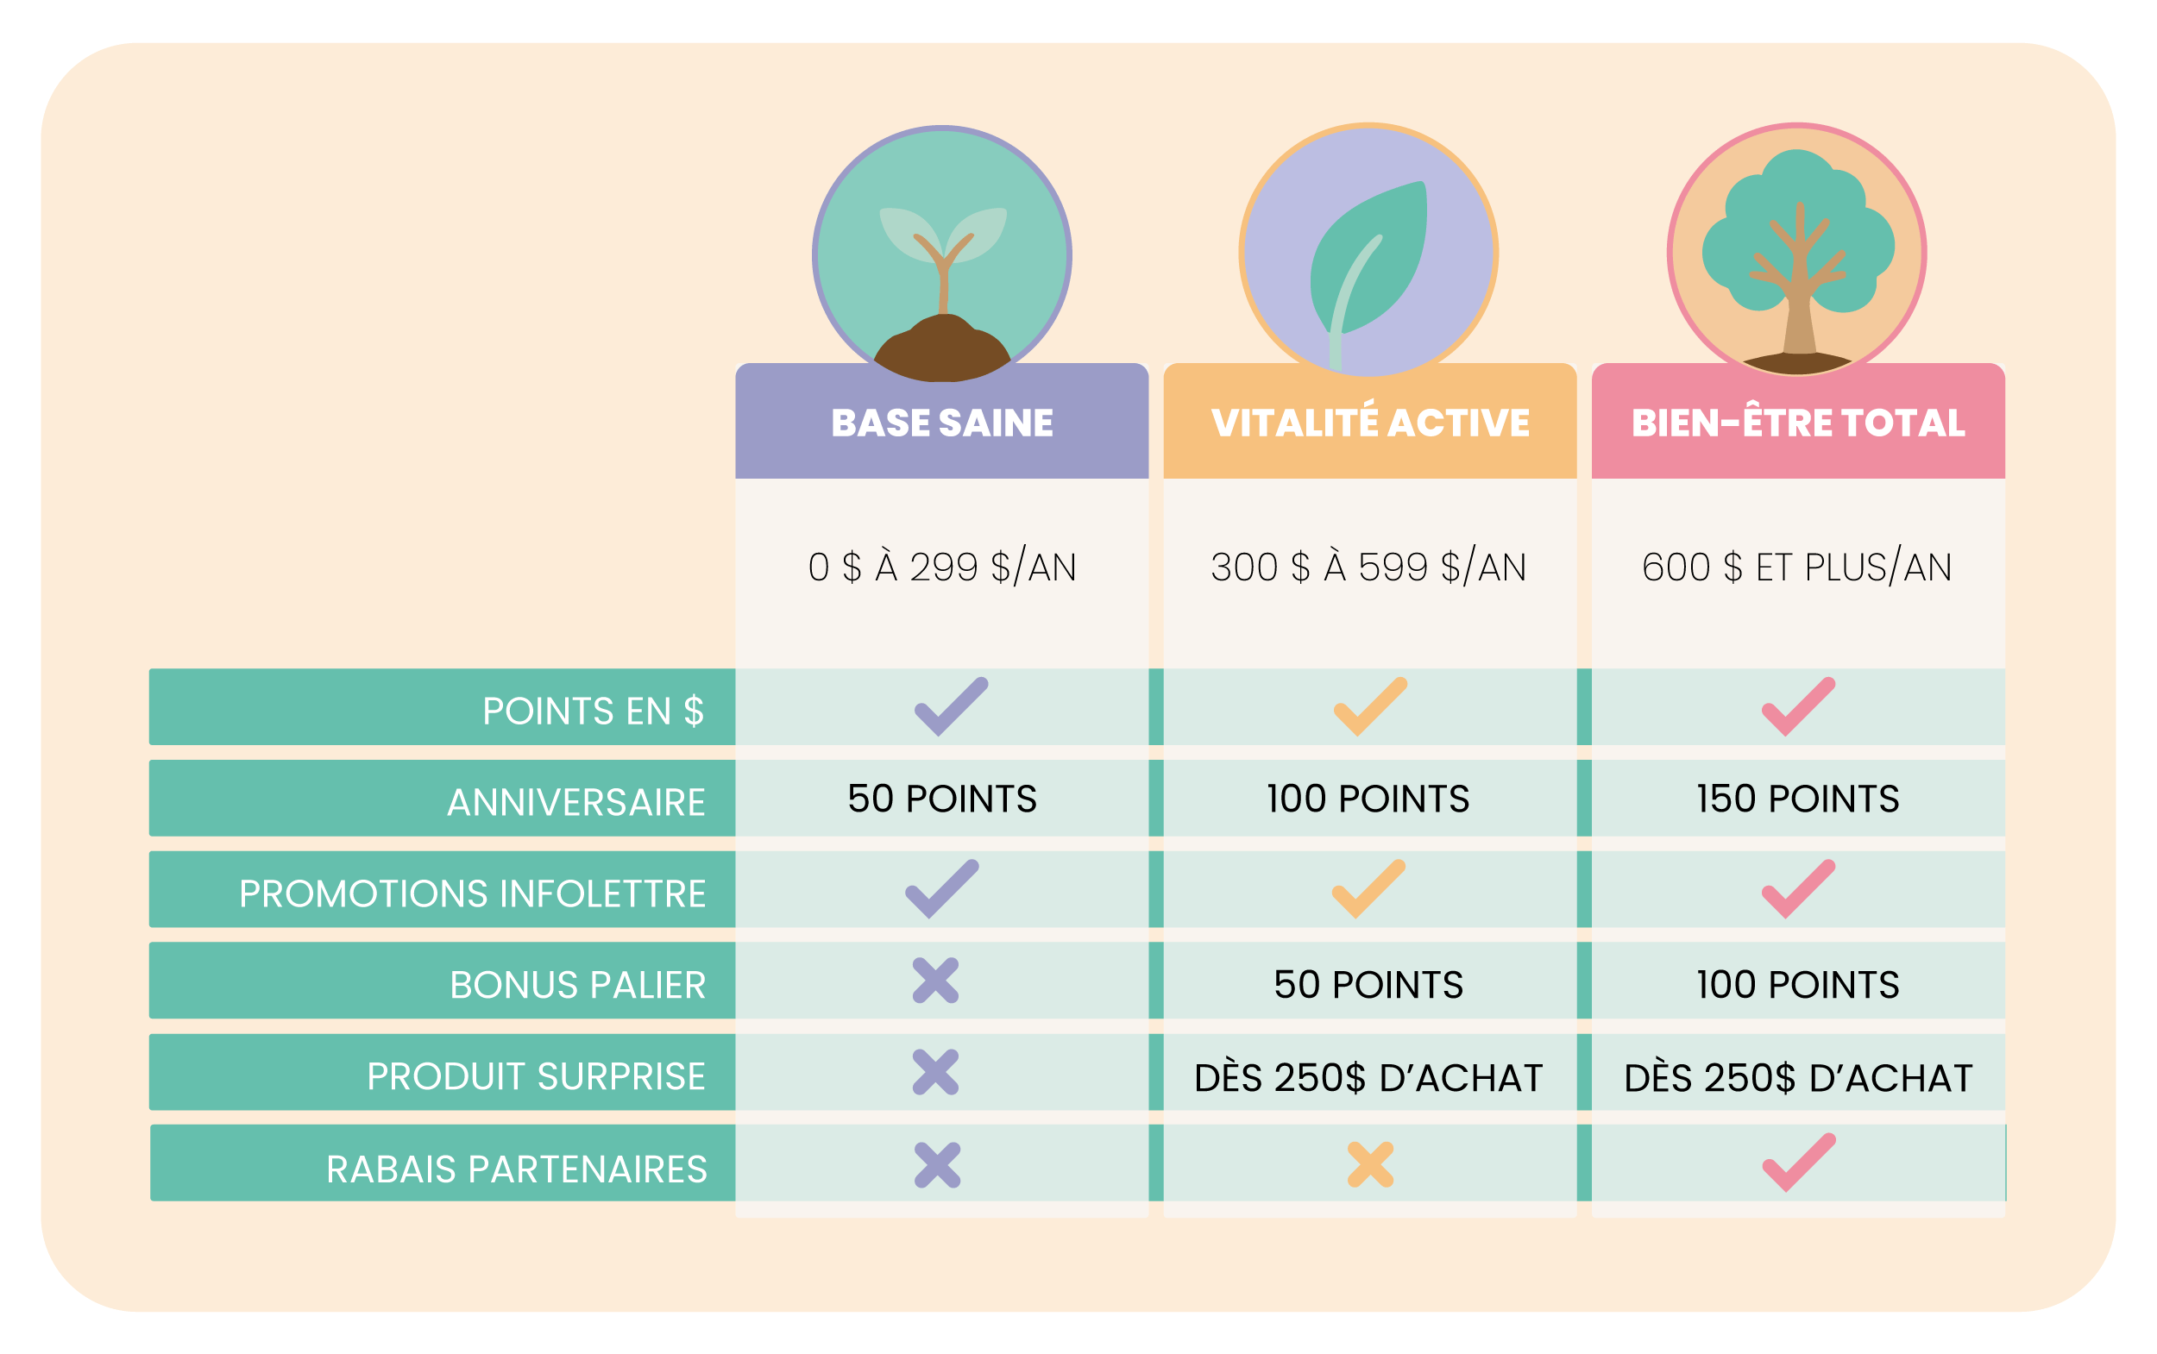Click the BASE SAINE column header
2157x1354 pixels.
click(x=941, y=423)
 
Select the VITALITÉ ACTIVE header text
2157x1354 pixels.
click(x=1369, y=423)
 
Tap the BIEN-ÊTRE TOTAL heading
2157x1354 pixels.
click(x=1798, y=423)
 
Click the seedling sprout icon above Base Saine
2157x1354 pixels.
click(x=942, y=255)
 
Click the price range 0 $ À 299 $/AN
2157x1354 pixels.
click(x=941, y=567)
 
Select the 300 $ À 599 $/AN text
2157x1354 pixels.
click(x=1368, y=567)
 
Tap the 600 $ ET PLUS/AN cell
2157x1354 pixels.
click(x=1797, y=567)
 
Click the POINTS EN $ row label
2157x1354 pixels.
click(x=592, y=711)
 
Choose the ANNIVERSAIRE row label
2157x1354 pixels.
click(x=576, y=802)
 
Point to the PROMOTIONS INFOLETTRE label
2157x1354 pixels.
click(x=472, y=893)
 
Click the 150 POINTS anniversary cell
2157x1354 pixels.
click(x=1798, y=799)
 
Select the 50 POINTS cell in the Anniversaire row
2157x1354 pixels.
click(x=941, y=799)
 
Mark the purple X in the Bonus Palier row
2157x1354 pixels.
click(x=935, y=981)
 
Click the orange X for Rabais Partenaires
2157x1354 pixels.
click(x=1370, y=1165)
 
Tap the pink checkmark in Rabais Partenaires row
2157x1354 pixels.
click(x=1799, y=1163)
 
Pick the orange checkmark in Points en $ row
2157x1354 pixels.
click(x=1370, y=706)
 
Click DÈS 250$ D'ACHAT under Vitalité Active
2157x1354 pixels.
click(x=1368, y=1077)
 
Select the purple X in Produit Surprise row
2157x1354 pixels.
click(x=935, y=1072)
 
